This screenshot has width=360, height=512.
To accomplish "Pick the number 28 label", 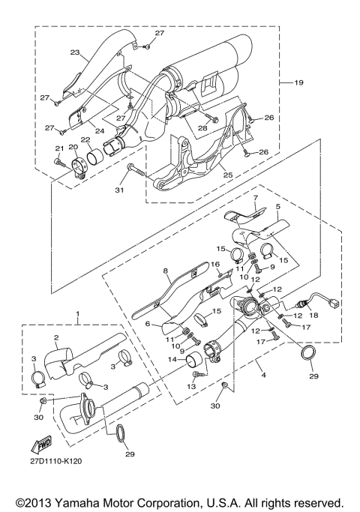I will pyautogui.click(x=202, y=129).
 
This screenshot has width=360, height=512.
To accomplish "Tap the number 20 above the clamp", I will pyautogui.click(x=73, y=148).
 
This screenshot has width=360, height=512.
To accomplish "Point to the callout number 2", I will pyautogui.click(x=55, y=338).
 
